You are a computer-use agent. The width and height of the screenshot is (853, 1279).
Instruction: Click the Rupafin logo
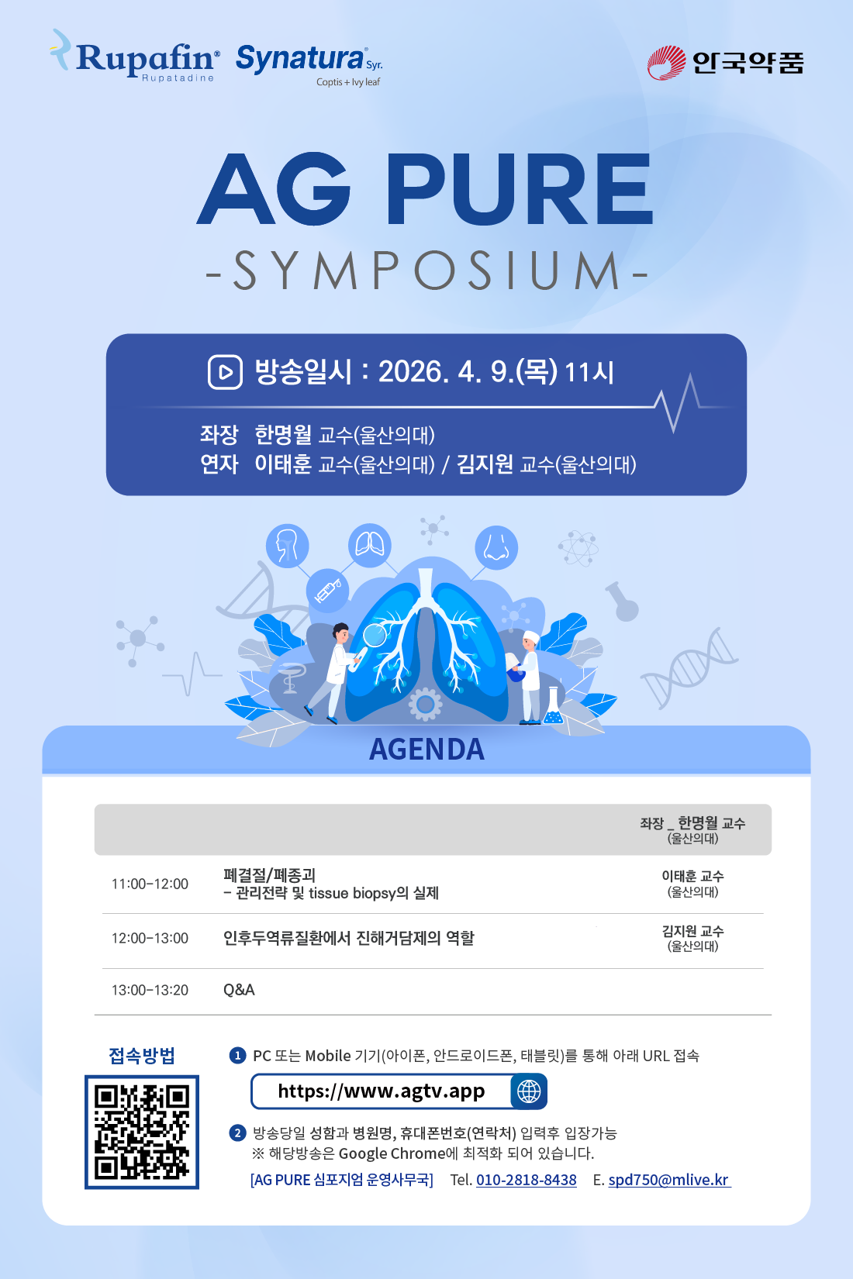(x=135, y=56)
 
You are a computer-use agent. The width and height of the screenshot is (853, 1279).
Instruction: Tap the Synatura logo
(x=309, y=64)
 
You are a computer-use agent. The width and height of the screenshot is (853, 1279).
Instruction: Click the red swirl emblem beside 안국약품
(x=666, y=62)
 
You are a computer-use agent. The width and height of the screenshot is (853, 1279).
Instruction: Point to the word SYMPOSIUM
(x=427, y=270)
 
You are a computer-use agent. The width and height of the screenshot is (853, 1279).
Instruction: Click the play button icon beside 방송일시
(x=225, y=372)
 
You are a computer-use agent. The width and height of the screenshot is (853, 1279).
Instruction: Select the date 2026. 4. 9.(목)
(x=468, y=372)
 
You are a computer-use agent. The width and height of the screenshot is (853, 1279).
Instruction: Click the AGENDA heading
(x=427, y=749)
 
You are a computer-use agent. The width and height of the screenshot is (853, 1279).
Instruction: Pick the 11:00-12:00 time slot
(x=150, y=884)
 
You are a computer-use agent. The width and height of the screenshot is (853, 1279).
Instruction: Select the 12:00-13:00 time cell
(x=150, y=938)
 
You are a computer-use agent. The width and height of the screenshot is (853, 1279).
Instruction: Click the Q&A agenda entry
(x=239, y=990)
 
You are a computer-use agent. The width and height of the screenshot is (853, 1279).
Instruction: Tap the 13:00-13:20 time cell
(x=150, y=990)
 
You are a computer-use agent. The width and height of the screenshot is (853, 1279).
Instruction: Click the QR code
(x=142, y=1132)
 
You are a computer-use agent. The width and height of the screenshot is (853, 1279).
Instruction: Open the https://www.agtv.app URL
(x=381, y=1091)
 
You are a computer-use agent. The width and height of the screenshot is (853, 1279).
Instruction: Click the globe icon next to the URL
(x=529, y=1091)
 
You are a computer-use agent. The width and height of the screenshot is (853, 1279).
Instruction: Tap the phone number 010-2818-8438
(x=527, y=1180)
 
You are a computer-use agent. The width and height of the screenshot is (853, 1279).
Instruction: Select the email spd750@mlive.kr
(x=669, y=1180)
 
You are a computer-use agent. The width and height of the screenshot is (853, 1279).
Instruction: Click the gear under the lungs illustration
(x=425, y=705)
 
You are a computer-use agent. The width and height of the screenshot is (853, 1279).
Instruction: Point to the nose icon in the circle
(x=496, y=547)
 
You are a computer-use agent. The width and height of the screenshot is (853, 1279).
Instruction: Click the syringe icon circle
(x=328, y=591)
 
